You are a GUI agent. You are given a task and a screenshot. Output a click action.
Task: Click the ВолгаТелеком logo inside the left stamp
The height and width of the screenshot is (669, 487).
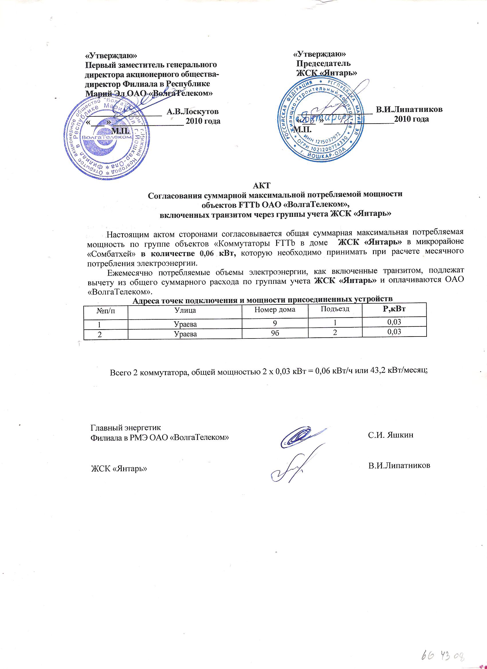coord(107,138)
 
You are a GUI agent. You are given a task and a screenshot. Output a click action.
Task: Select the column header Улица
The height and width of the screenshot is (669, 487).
coord(185,310)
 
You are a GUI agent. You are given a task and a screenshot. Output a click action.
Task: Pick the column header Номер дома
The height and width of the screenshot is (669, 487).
coord(275,310)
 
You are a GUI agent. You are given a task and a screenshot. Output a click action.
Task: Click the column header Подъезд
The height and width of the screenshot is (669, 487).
coord(335,309)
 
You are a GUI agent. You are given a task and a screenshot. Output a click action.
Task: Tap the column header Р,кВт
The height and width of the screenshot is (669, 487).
coord(394,308)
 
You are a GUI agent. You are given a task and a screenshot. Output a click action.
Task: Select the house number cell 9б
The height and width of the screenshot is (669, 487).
coord(275,334)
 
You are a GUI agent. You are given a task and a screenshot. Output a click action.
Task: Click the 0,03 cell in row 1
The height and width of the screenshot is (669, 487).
coord(394,322)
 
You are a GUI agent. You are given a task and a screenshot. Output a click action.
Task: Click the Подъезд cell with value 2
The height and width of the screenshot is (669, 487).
coord(335,332)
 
